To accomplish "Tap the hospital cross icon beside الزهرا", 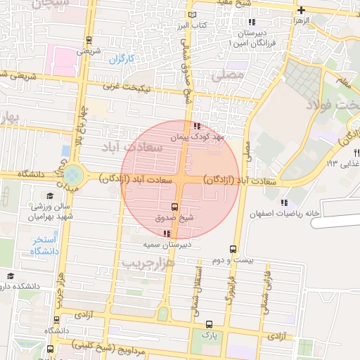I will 302,11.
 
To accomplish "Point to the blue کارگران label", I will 121,58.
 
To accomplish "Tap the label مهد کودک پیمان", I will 200,138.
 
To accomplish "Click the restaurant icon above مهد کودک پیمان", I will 195,126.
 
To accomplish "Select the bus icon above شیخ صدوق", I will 174,206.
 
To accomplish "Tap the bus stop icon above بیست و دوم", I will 233,249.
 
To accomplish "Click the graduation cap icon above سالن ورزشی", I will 49,196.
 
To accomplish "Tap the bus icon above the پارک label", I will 209,325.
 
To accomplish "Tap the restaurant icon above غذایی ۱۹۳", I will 357,152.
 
